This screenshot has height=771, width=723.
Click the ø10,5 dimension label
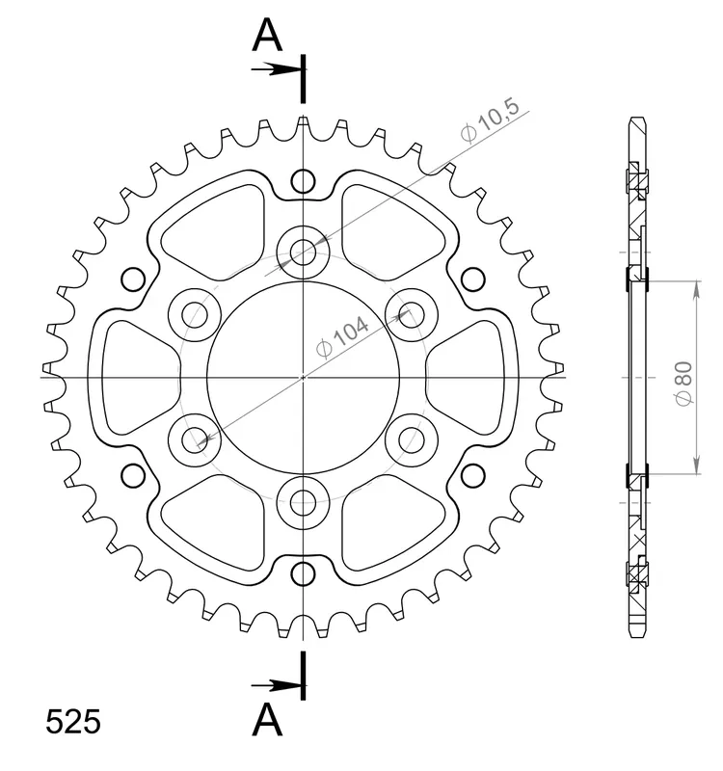pyautogui.click(x=490, y=120)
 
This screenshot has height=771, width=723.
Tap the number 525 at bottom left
pyautogui.click(x=73, y=722)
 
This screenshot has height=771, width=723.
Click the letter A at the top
pyautogui.click(x=267, y=35)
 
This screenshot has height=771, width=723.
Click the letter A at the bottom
pyautogui.click(x=267, y=719)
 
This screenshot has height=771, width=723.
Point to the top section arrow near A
pyautogui.click(x=276, y=69)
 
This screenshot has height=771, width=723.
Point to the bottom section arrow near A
pyautogui.click(x=276, y=685)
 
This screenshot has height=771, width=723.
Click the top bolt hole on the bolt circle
pyautogui.click(x=303, y=253)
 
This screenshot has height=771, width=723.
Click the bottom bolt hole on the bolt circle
pyautogui.click(x=303, y=502)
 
